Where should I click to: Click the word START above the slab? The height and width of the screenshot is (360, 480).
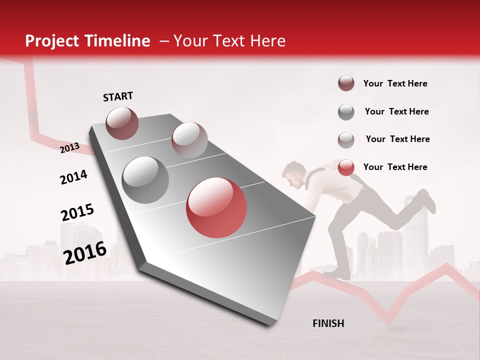pyautogui.click(x=118, y=96)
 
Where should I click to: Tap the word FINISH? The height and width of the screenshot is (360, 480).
pyautogui.click(x=328, y=323)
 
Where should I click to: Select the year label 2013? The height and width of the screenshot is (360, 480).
pyautogui.click(x=70, y=147)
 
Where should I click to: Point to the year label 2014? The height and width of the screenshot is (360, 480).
pyautogui.click(x=74, y=177)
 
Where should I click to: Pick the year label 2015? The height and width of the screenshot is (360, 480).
pyautogui.click(x=77, y=212)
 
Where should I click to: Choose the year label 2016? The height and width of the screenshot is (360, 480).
pyautogui.click(x=85, y=252)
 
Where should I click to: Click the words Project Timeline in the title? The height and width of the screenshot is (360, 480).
pyautogui.click(x=87, y=41)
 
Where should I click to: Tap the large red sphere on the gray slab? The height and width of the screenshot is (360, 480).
pyautogui.click(x=216, y=207)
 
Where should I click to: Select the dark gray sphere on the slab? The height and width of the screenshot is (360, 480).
pyautogui.click(x=145, y=179)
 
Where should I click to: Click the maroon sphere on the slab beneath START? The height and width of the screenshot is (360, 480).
pyautogui.click(x=122, y=123)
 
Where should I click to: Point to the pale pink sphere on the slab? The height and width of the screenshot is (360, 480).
pyautogui.click(x=189, y=139)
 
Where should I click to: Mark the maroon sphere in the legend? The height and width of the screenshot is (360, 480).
pyautogui.click(x=346, y=83)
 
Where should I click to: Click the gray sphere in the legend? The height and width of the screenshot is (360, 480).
pyautogui.click(x=346, y=112)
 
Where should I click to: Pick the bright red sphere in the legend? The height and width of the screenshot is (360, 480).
pyautogui.click(x=346, y=167)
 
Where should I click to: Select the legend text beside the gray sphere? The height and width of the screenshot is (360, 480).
pyautogui.click(x=396, y=111)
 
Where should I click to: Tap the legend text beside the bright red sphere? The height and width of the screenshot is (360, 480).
pyautogui.click(x=395, y=167)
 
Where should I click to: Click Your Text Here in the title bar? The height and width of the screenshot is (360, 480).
pyautogui.click(x=229, y=41)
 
